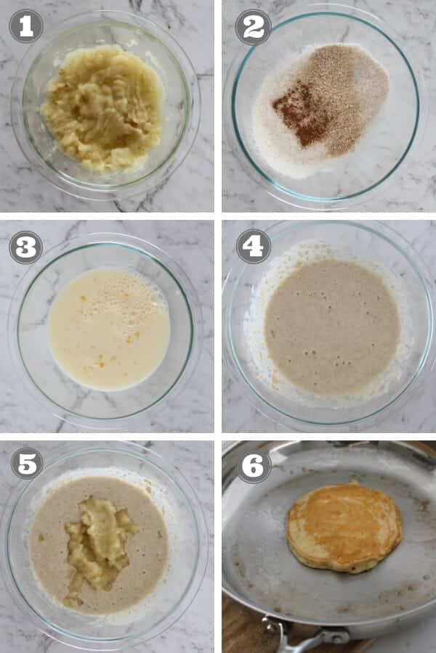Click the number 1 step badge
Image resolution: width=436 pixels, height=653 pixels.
[25, 26]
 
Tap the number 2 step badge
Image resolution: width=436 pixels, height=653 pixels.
[253, 27]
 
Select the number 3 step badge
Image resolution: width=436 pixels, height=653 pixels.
[25, 247]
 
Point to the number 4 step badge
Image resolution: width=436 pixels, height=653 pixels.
[253, 247]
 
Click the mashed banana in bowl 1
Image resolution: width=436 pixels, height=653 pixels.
[102, 109]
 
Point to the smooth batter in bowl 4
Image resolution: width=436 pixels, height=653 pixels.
[331, 326]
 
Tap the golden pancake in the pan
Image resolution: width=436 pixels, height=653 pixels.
[344, 526]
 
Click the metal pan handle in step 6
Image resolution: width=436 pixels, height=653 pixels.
[305, 638]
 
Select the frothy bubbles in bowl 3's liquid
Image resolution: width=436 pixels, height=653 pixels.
[109, 290]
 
